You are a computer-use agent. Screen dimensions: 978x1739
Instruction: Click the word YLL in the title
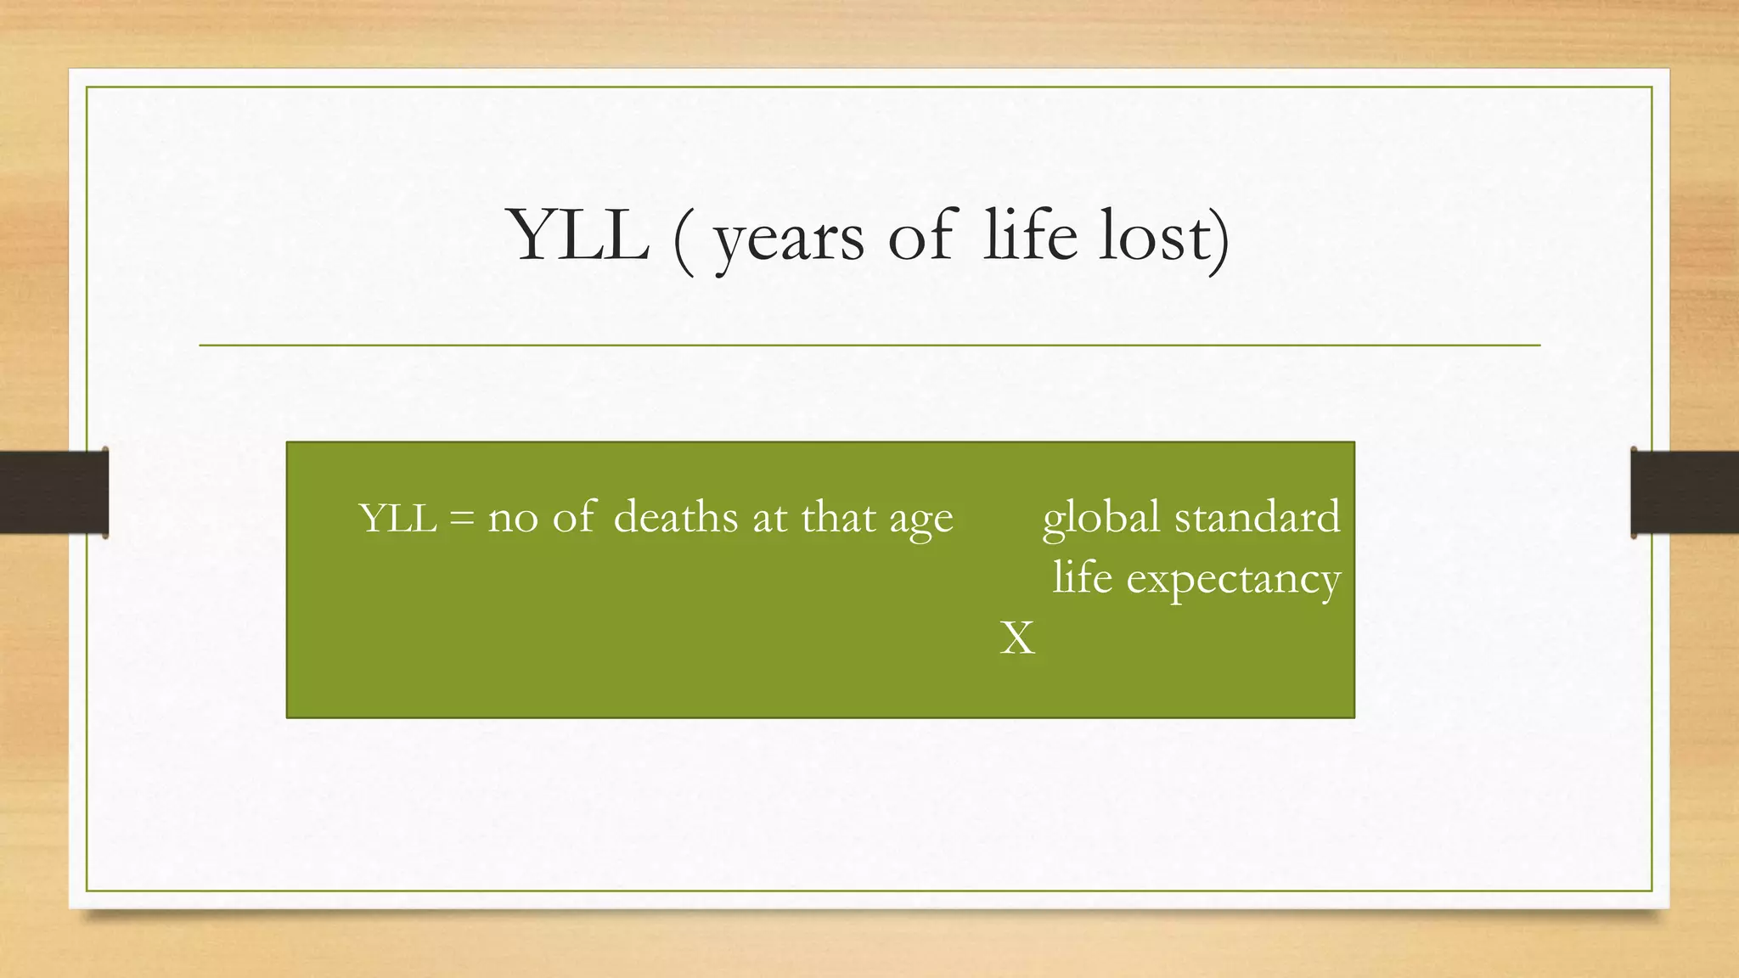pyautogui.click(x=580, y=235)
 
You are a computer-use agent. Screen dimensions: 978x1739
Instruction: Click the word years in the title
pyautogui.click(x=789, y=239)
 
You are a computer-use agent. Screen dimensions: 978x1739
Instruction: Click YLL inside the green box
pyautogui.click(x=397, y=518)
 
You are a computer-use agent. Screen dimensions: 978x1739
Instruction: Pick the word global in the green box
pyautogui.click(x=1100, y=518)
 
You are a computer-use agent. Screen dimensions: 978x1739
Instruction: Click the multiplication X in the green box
pyautogui.click(x=1017, y=638)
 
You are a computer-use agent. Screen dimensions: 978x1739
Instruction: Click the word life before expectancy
pyautogui.click(x=1082, y=577)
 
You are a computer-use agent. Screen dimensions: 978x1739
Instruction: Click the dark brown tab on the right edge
pyautogui.click(x=1685, y=492)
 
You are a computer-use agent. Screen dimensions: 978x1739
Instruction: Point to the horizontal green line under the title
pyautogui.click(x=869, y=346)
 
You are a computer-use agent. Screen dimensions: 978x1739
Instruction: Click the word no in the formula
pyautogui.click(x=513, y=520)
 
